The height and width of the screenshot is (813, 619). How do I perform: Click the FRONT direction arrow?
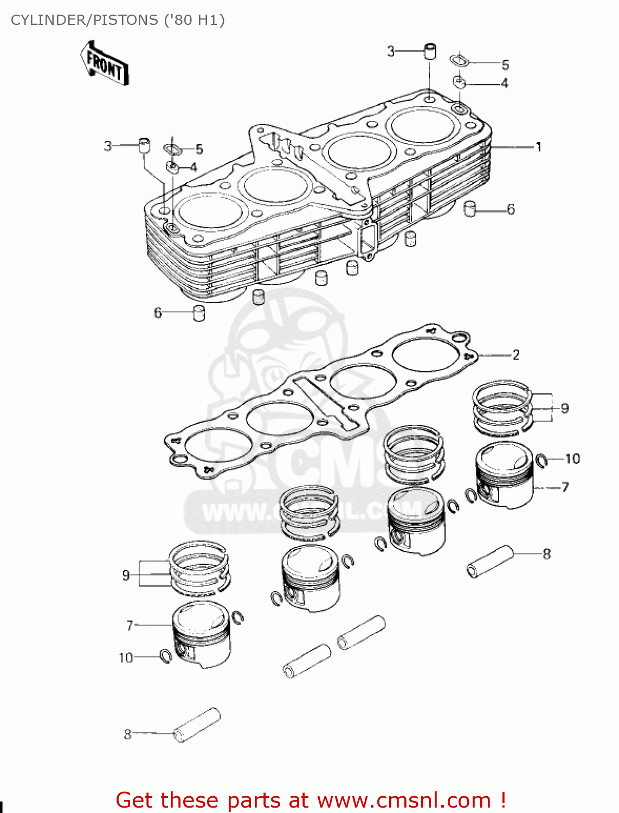coord(105,64)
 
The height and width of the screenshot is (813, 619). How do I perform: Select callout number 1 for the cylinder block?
coord(538,147)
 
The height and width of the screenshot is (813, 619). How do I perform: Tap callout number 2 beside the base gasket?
coord(515,355)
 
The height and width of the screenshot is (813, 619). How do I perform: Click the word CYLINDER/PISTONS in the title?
coord(85,20)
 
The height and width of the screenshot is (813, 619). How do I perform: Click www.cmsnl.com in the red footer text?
coord(404,800)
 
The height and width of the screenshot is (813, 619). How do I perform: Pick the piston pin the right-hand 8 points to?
coord(489,561)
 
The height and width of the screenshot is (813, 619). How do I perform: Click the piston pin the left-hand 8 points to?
coord(197,725)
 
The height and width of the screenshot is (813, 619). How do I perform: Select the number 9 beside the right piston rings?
coord(565,408)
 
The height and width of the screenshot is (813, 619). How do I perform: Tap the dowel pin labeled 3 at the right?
coord(430,51)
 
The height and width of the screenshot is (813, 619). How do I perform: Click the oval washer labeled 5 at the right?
coord(459,60)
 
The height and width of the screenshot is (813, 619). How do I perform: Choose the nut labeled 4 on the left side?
coord(172,167)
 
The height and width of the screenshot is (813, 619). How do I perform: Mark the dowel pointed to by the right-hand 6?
coord(470,208)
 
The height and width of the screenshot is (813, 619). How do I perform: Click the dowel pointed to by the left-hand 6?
coord(199,313)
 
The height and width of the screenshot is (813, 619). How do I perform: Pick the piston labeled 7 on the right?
coord(504,475)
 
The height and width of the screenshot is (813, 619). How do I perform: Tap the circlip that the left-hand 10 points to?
coord(166,656)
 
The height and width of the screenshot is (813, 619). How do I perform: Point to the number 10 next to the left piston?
coord(126,657)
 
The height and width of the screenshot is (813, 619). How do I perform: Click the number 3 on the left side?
coord(108,146)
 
